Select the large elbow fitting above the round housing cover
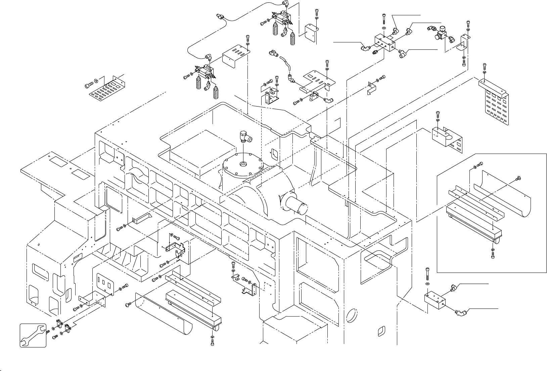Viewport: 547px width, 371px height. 246,137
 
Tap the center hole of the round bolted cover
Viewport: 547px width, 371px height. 242,164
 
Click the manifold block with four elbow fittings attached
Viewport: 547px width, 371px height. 385,44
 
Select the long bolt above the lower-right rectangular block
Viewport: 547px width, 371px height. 427,275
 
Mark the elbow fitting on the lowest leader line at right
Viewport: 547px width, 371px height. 459,314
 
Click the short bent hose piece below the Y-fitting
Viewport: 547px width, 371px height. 286,64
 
